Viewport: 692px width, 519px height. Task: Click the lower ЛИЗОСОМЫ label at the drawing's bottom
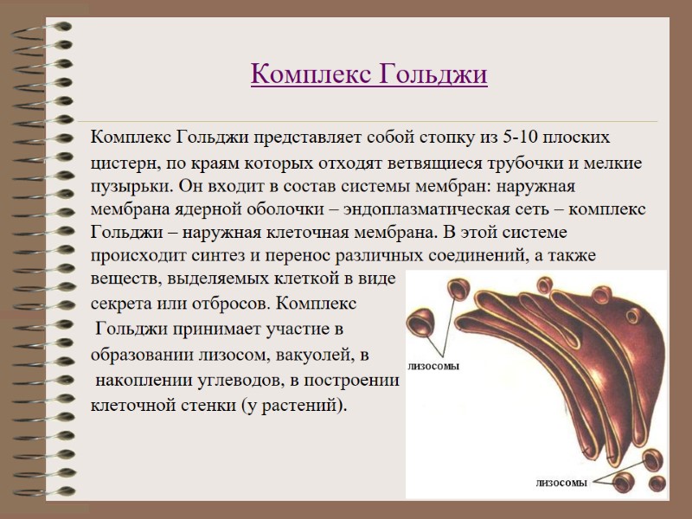click(x=562, y=483)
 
